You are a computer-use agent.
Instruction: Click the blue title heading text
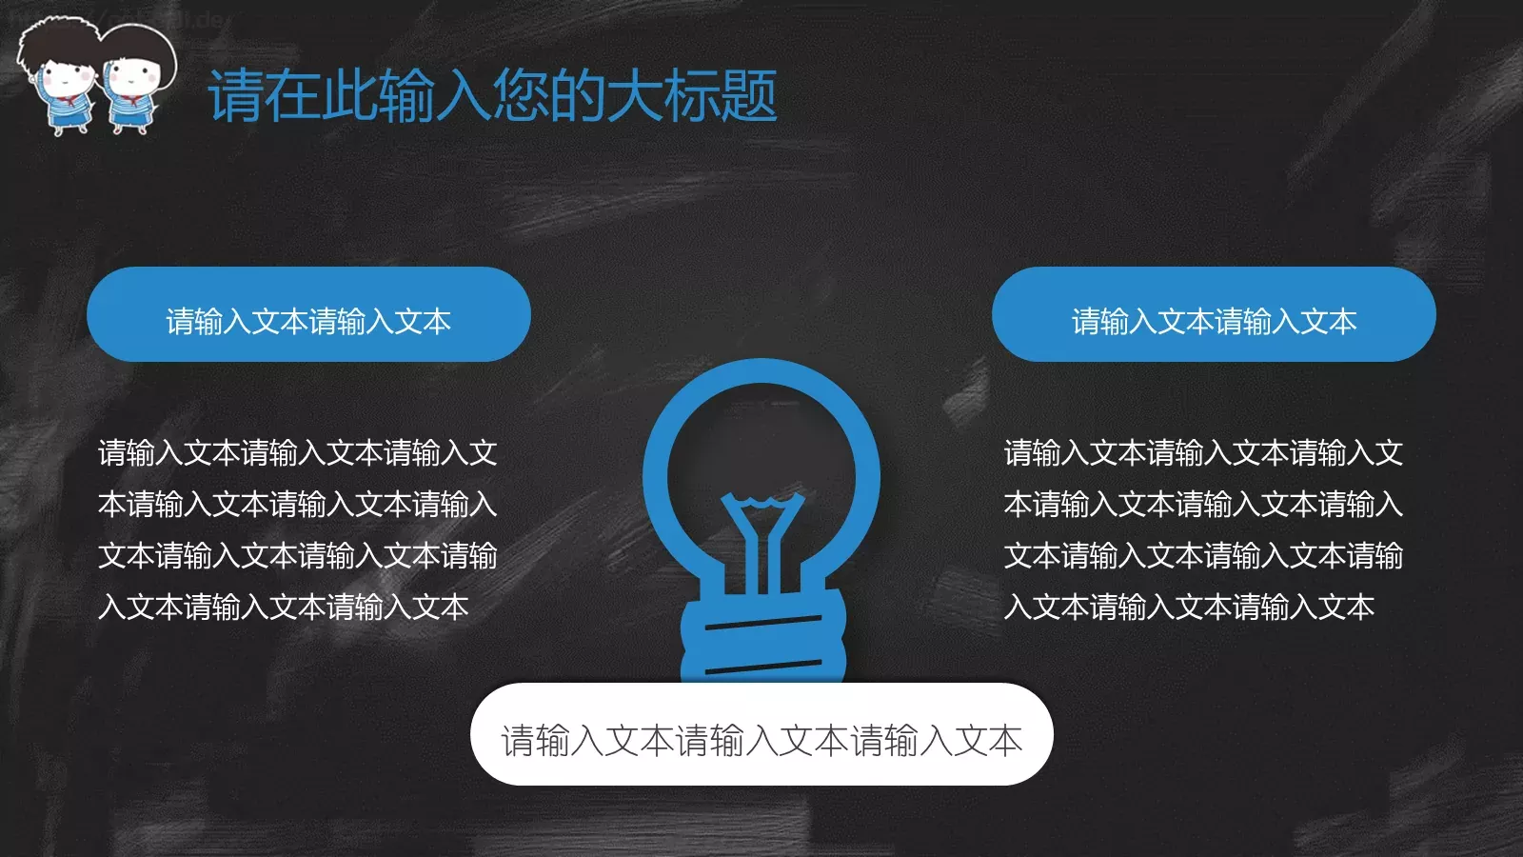coord(492,96)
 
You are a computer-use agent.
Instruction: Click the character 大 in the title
coord(635,96)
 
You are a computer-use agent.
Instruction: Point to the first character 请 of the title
coord(236,96)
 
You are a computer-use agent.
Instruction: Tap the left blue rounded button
coord(308,314)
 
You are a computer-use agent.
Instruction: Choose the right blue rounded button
coord(1214,314)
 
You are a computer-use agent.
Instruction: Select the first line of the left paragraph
coord(298,452)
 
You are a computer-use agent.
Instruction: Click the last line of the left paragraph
coord(284,607)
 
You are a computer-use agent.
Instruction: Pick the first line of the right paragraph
coord(1203,452)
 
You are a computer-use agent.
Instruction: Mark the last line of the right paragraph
coord(1189,607)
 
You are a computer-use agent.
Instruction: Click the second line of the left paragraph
coord(298,504)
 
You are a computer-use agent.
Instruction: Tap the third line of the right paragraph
coord(1203,555)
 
